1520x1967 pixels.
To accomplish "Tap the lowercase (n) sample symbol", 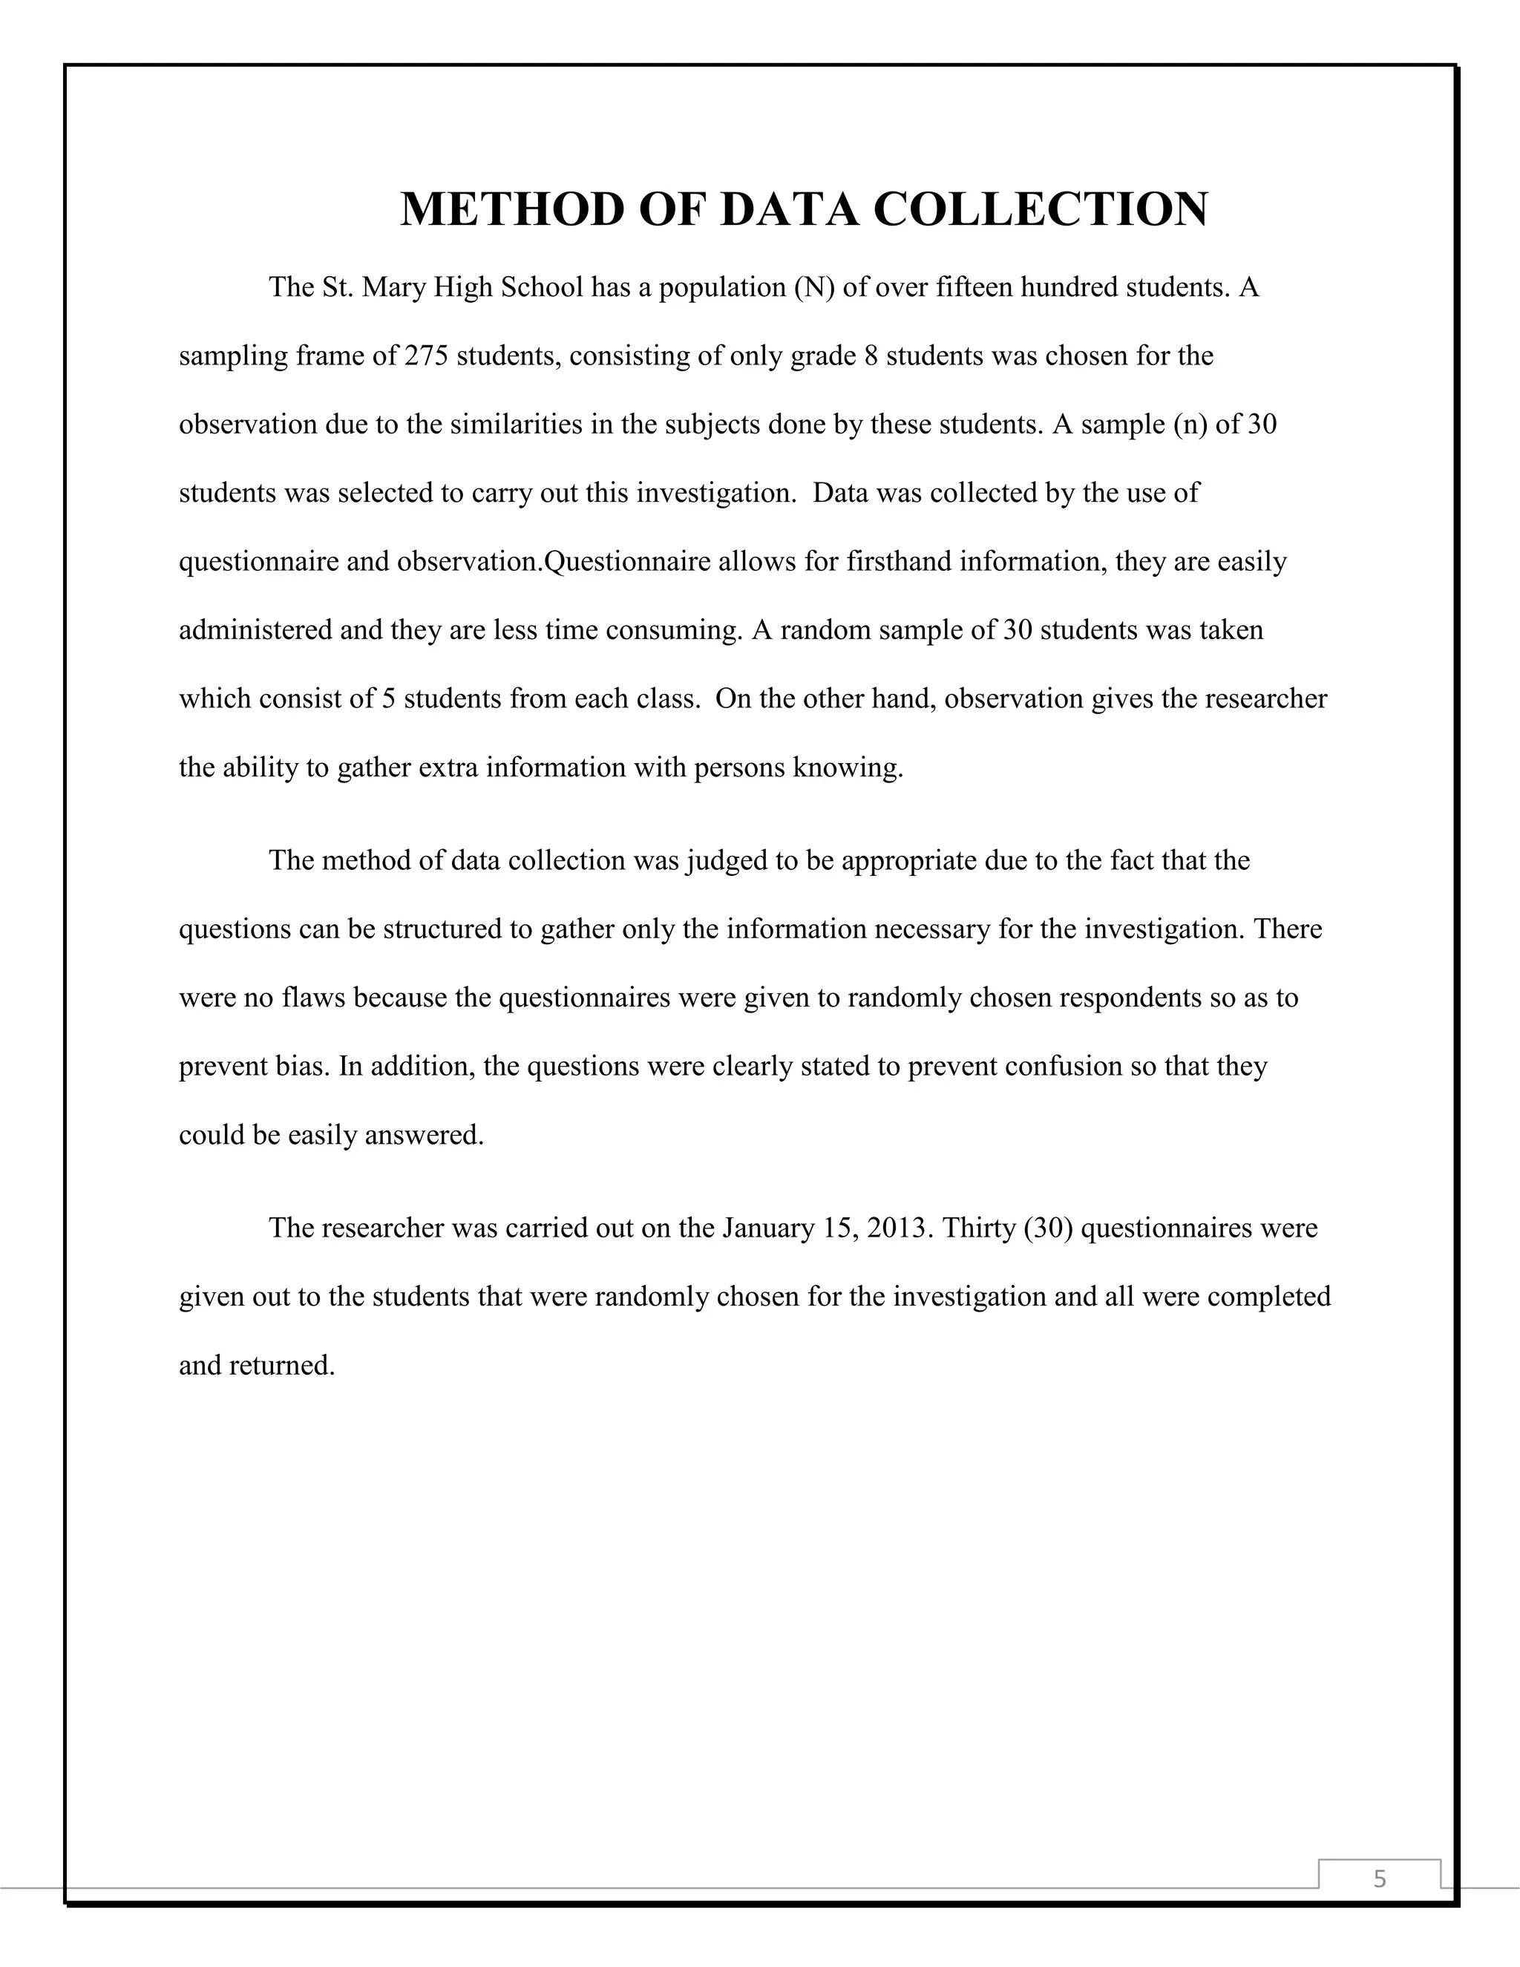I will (x=1190, y=424).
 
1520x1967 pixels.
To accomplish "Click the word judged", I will (x=726, y=861).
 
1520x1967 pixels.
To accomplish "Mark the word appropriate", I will (x=908, y=861).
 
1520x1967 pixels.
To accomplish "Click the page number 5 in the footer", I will (x=1380, y=1879).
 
